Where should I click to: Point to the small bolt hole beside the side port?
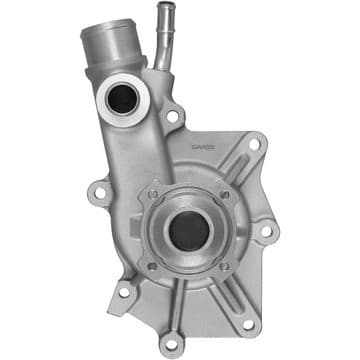click(172, 117)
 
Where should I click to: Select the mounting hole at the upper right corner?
click(254, 144)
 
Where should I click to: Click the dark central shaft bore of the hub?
click(188, 230)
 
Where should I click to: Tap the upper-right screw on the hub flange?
click(225, 194)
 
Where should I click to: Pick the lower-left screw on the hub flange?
click(151, 267)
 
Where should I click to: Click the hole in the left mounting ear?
click(98, 188)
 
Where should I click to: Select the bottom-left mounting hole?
click(124, 293)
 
